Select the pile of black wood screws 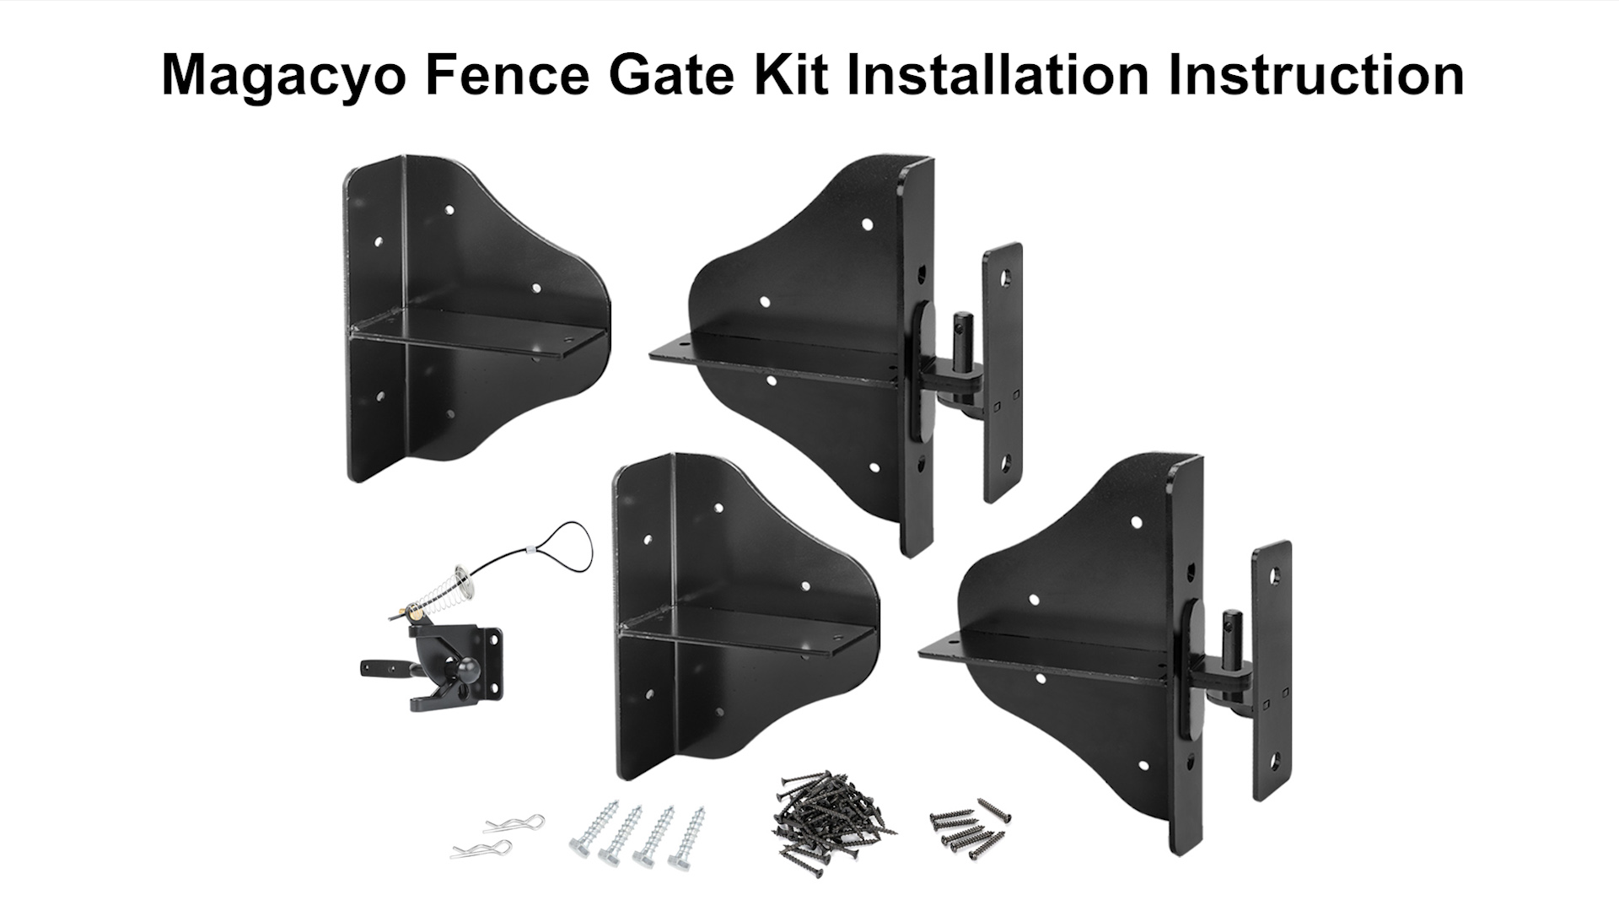pyautogui.click(x=831, y=815)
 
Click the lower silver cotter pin pyautogui.click(x=480, y=849)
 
